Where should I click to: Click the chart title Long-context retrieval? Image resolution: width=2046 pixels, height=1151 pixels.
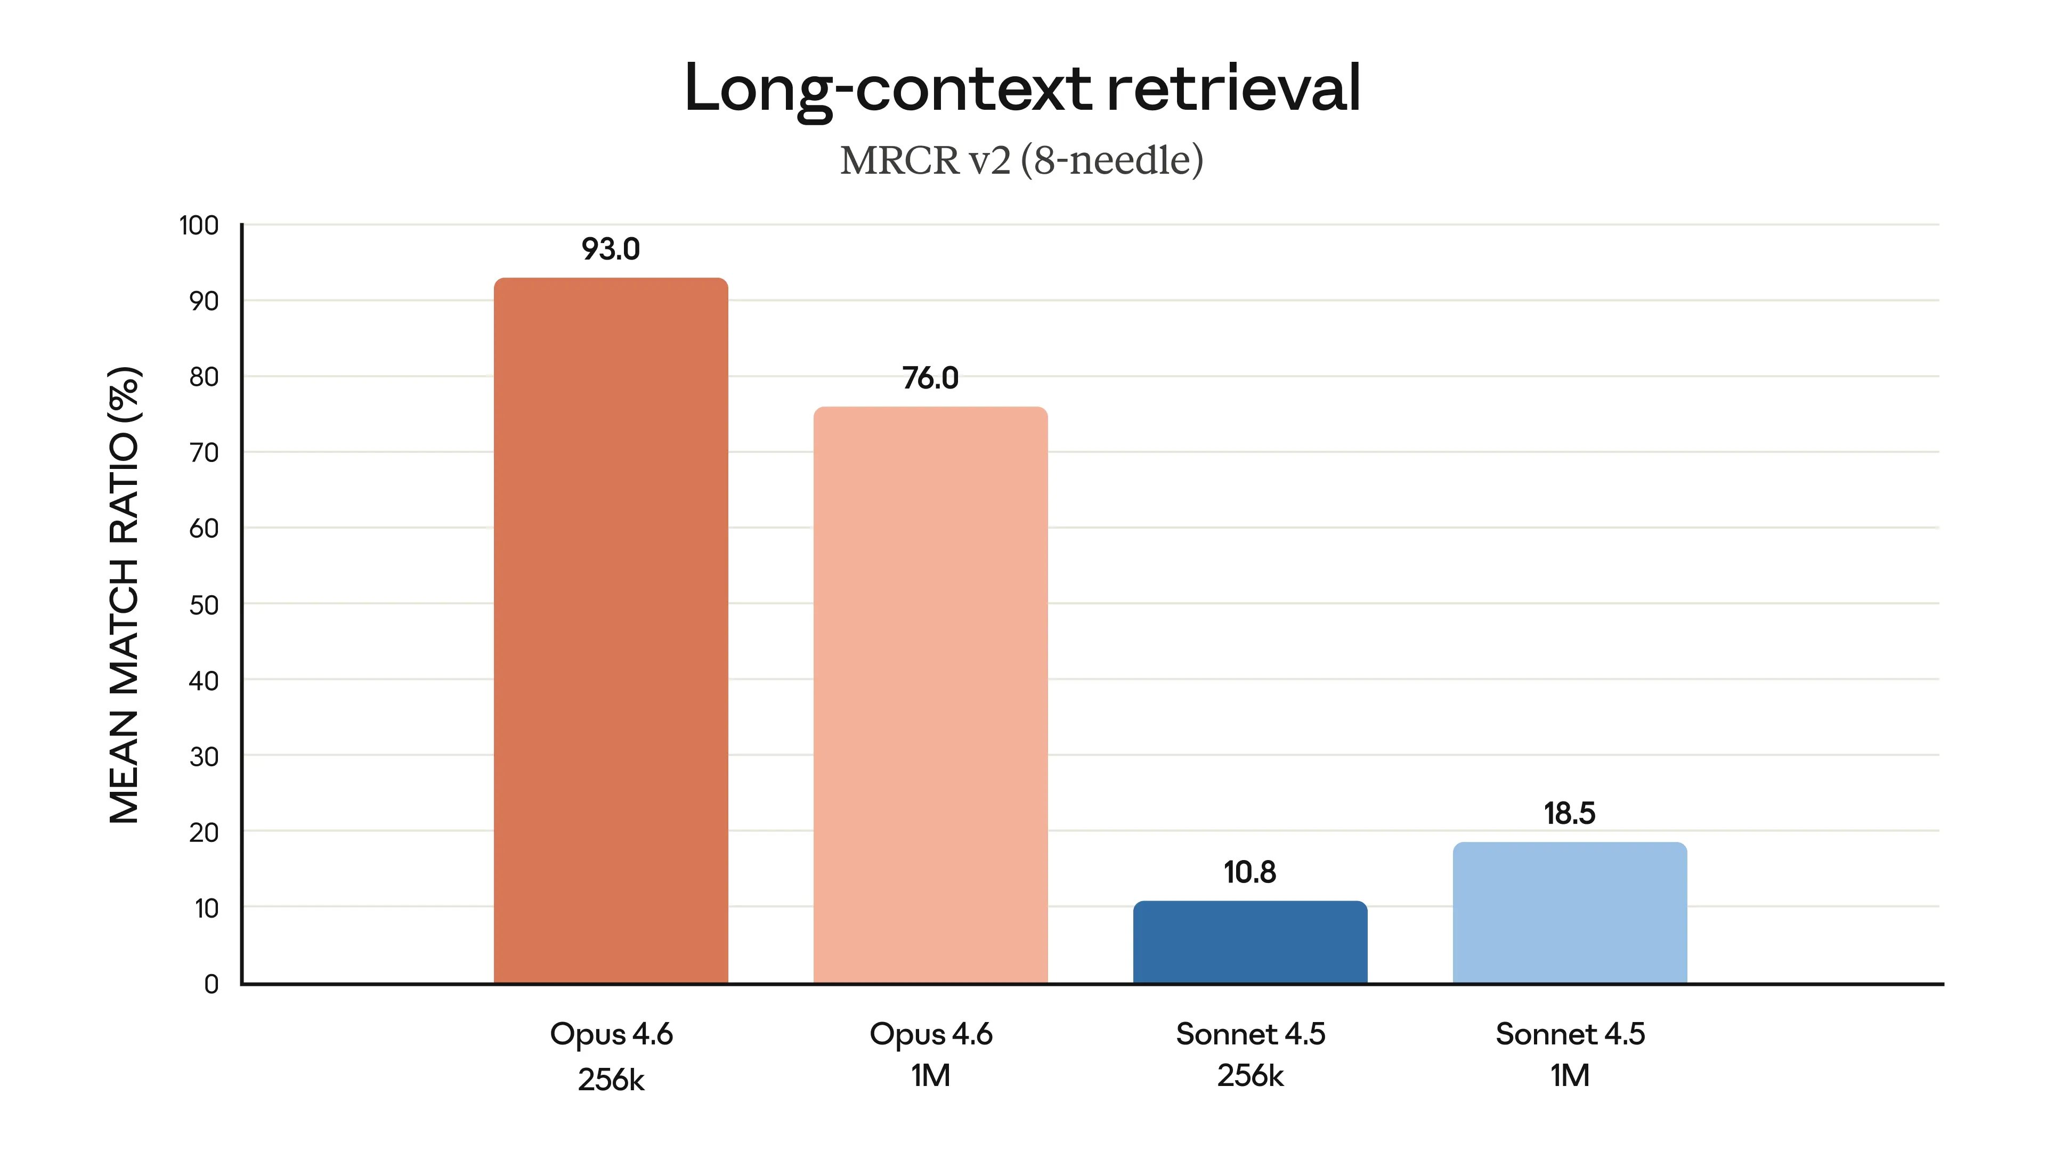click(1022, 88)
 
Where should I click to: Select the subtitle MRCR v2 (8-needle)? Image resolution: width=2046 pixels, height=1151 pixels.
click(1022, 160)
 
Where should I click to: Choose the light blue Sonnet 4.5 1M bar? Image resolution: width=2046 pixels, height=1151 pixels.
click(1570, 913)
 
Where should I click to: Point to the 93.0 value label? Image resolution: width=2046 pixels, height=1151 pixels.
click(611, 249)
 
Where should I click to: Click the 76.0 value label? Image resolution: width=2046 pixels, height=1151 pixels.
click(930, 378)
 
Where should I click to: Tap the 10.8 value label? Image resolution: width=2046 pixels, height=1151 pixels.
click(1250, 872)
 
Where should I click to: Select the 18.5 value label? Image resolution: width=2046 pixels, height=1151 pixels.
click(1570, 813)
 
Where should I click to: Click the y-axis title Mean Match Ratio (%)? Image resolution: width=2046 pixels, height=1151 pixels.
click(125, 595)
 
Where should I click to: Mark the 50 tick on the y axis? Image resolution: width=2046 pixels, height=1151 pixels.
click(204, 605)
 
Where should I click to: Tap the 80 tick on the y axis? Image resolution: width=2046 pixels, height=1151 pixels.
click(204, 377)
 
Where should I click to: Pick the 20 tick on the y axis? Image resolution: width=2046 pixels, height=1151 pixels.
click(204, 832)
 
